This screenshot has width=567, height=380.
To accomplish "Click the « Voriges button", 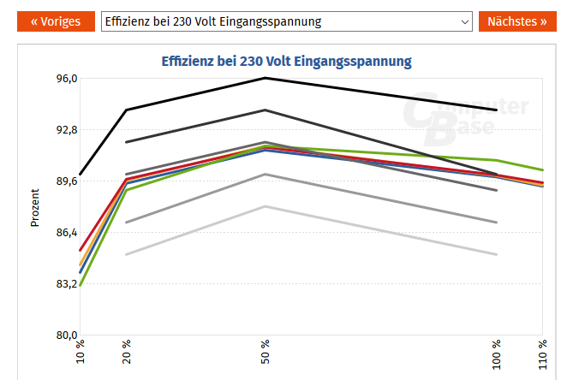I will point(56,21).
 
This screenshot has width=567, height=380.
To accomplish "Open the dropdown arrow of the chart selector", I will point(465,21).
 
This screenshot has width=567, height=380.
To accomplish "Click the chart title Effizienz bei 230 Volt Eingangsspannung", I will point(287,62).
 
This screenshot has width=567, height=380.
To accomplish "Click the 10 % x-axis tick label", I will point(81,353).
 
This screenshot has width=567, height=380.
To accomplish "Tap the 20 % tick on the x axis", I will point(127,353).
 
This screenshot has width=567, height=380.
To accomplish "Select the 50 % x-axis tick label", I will point(266,353).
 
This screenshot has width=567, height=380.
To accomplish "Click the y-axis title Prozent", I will point(35,207).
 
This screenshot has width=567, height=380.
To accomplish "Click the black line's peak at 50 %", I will point(266,78).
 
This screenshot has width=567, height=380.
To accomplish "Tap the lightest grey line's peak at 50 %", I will point(266,206).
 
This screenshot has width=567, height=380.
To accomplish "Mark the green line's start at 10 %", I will point(81,286).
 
